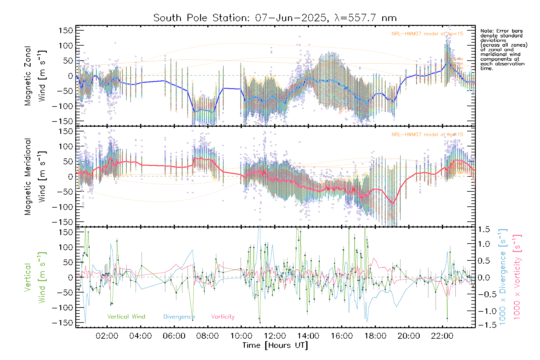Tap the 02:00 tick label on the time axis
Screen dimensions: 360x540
[x=107, y=336]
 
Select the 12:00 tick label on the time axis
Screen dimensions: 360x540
[x=275, y=336]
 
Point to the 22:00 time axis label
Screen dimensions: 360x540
[x=442, y=336]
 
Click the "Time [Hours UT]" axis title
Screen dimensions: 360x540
[x=275, y=345]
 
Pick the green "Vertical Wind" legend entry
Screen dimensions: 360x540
[x=126, y=316]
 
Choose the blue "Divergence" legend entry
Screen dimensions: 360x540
[x=179, y=317]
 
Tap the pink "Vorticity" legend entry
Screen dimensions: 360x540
[x=223, y=316]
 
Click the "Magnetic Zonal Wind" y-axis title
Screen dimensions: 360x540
[x=35, y=76]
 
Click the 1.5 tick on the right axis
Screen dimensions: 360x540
[x=484, y=229]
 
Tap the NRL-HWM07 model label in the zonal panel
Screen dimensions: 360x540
[x=427, y=34]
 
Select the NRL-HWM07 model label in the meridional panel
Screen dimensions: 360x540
[x=427, y=134]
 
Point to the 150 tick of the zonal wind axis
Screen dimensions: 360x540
[x=66, y=30]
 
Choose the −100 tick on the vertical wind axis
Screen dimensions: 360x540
[x=62, y=307]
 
